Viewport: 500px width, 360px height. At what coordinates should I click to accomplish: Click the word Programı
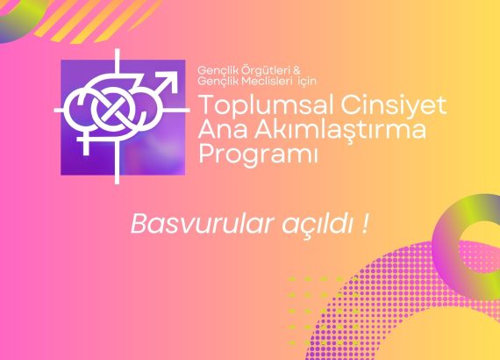pos(258,155)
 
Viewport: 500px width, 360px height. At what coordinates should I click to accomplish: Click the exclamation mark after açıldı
pos(366,224)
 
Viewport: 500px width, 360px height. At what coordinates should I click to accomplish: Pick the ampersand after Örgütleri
pos(296,70)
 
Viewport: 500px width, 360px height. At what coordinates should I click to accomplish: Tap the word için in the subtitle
pos(307,81)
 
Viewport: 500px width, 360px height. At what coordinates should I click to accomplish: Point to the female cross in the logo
pos(85,143)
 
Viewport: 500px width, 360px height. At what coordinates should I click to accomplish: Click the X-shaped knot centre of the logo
pos(111,108)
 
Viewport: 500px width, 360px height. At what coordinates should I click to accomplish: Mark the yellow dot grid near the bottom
pos(322,311)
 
